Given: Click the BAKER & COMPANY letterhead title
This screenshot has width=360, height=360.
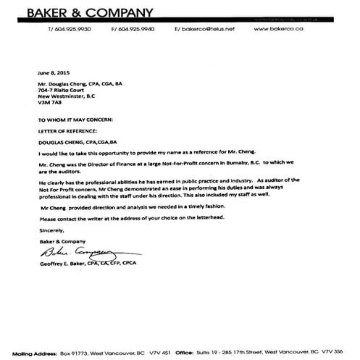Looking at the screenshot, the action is (90, 12).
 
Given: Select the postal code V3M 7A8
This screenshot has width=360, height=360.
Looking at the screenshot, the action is (47, 103).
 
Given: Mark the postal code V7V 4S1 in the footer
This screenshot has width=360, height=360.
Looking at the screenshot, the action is (172, 349).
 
